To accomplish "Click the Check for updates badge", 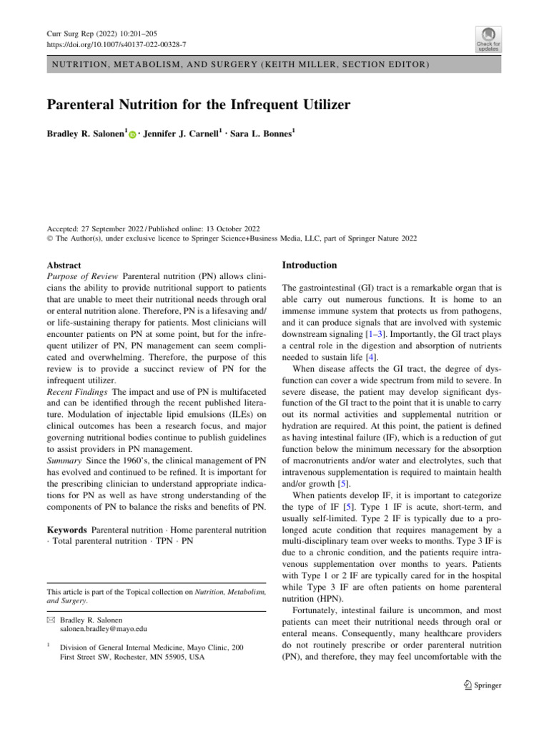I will coord(488,39).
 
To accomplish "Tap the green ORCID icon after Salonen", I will coord(132,135).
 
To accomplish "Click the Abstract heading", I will coord(64,265).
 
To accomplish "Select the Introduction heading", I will coord(310,265).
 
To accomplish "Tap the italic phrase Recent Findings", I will coord(77,393).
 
